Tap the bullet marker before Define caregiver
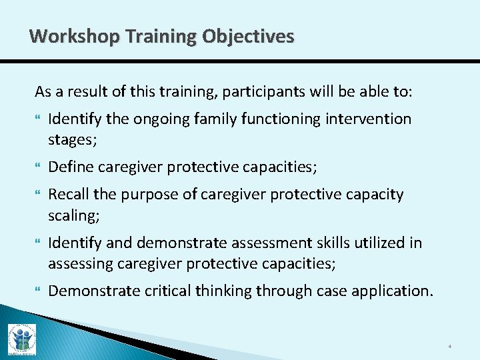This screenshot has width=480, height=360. (38, 167)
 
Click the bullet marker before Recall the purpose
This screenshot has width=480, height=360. (38, 195)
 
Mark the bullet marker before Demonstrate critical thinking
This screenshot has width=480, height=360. (38, 291)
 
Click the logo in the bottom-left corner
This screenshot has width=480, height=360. (21, 339)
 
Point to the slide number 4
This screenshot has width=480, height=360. (450, 347)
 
